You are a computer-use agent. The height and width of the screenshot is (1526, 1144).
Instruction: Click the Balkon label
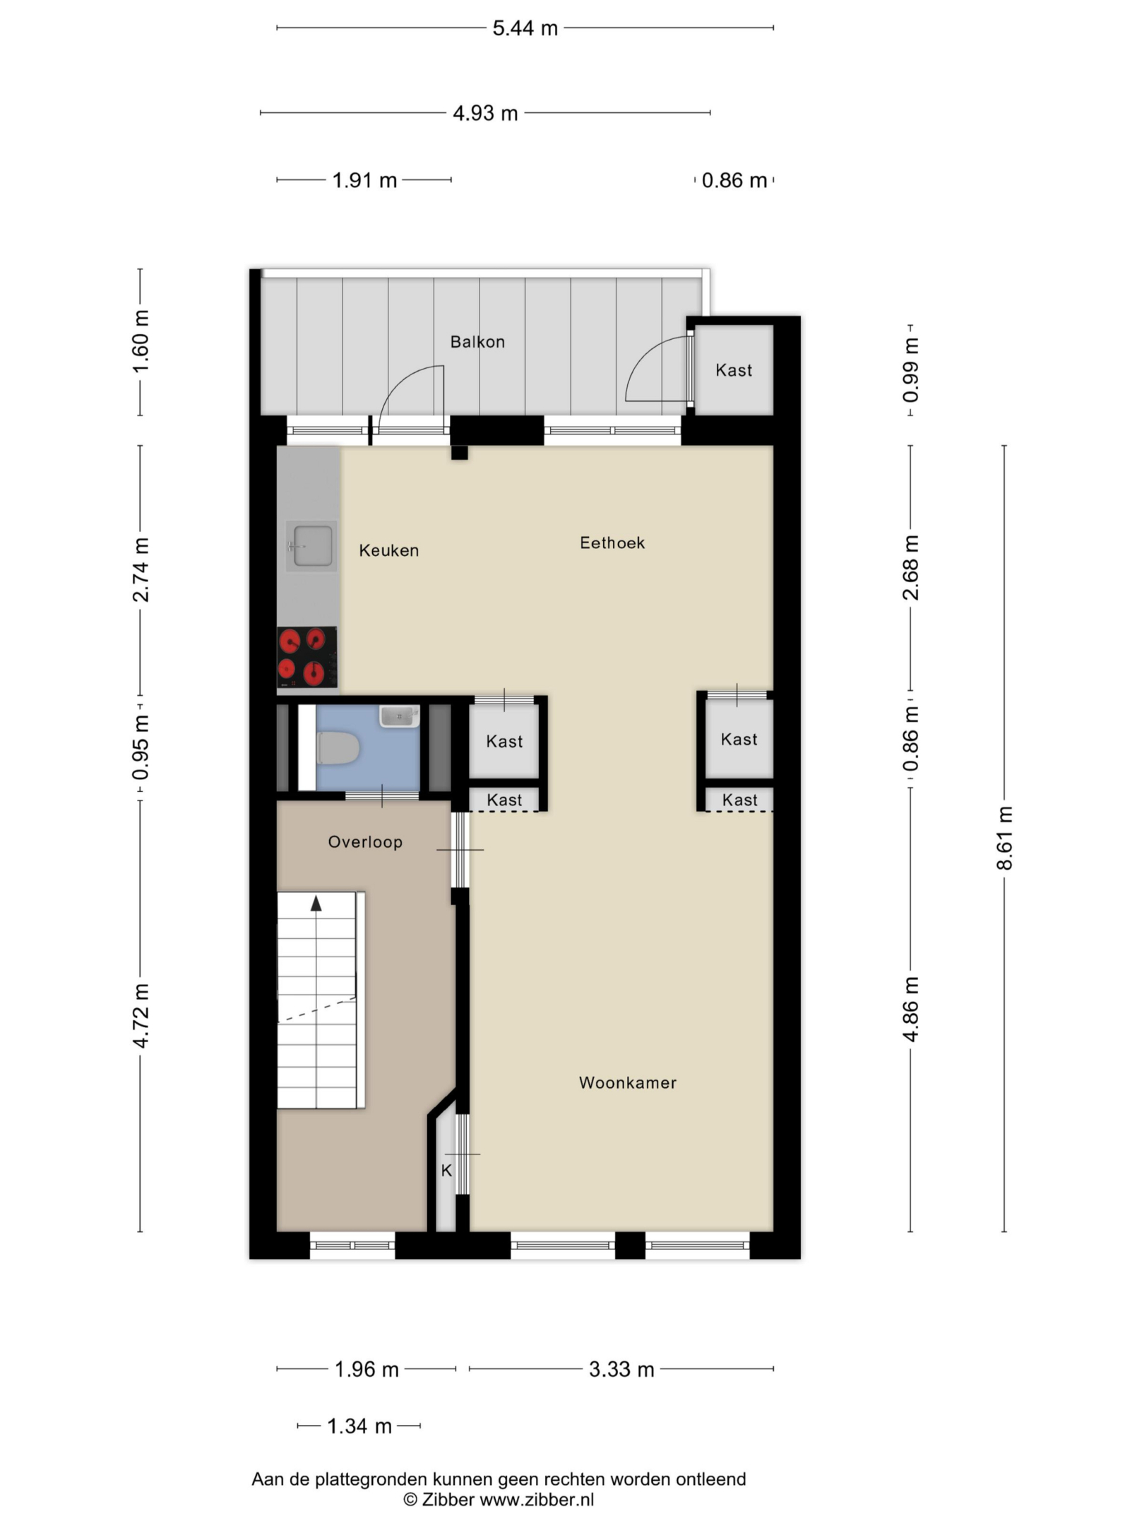coord(477,342)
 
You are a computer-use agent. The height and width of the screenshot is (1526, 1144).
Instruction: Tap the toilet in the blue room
coord(338,748)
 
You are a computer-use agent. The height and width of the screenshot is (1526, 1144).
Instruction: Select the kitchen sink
coord(311,546)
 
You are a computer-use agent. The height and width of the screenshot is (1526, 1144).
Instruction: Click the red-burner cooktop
coord(307,657)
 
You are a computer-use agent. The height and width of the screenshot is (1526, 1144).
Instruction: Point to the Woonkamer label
coord(628,1083)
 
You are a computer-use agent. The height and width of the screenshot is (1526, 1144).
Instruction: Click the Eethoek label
coord(612,543)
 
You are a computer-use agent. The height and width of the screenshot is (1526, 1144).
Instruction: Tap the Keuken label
coord(389,550)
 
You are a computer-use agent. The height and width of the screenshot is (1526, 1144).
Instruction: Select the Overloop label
coord(365,841)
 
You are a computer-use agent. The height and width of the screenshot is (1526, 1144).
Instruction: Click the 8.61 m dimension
coord(1005,838)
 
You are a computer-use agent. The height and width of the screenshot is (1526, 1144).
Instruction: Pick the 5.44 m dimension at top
coord(525,28)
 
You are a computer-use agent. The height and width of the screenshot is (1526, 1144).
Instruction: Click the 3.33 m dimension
coord(621,1369)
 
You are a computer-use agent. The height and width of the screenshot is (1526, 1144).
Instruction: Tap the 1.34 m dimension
coord(359,1426)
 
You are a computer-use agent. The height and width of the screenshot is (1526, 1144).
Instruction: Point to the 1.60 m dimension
coord(141,342)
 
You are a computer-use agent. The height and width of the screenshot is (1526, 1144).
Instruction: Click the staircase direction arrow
coord(316,903)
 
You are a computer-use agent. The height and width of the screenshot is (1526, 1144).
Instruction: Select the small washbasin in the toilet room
coord(400,716)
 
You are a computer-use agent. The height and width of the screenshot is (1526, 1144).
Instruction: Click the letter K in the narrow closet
coord(446,1171)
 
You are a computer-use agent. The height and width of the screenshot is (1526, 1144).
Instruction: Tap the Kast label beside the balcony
coord(734,370)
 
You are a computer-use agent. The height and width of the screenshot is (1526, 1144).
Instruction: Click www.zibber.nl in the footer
coord(537,1500)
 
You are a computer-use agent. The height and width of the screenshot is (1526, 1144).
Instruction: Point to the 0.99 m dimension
coord(911,370)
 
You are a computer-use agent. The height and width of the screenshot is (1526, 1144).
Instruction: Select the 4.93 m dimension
coord(485,113)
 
